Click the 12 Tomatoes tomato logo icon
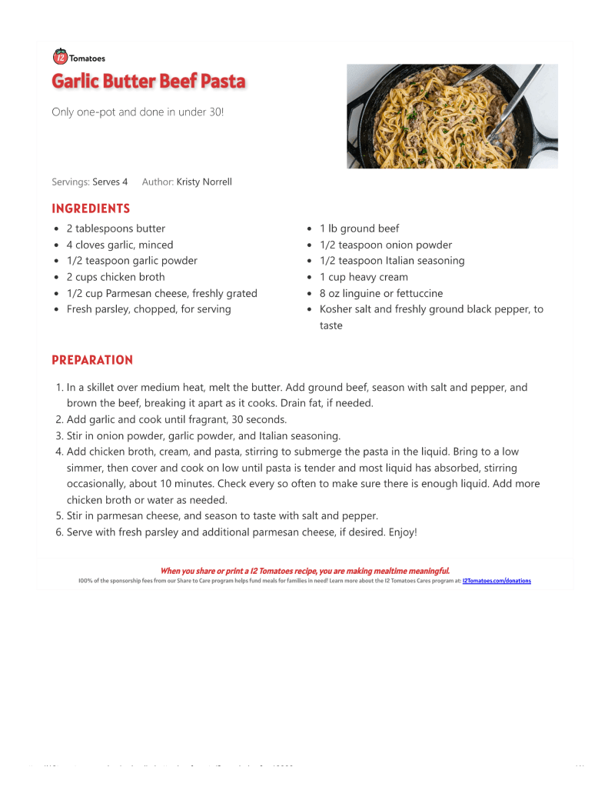[60, 56]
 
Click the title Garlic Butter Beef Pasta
[148, 82]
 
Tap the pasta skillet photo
[452, 116]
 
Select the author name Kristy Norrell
[204, 182]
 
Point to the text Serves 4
[110, 182]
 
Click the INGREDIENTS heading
[91, 208]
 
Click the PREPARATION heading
[92, 360]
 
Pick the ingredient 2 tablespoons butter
[115, 228]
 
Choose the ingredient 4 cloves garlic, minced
[119, 245]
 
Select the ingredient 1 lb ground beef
[359, 228]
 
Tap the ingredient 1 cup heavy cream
[364, 277]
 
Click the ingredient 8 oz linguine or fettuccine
[380, 293]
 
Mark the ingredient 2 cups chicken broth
[115, 277]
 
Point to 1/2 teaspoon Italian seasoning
[392, 261]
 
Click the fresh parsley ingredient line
[148, 309]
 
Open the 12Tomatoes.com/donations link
[497, 581]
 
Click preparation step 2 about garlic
[176, 420]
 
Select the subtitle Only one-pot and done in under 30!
[138, 112]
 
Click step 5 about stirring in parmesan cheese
[222, 516]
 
